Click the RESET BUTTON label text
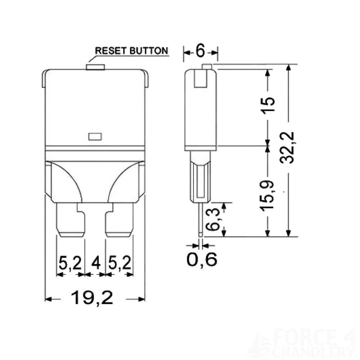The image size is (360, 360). [131, 51]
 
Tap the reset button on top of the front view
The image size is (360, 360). [95, 67]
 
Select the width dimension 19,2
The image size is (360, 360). [92, 298]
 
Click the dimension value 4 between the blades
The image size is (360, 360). [95, 264]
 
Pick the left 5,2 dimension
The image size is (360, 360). [70, 264]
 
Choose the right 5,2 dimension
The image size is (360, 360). [119, 264]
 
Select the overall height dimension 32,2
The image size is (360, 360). [288, 148]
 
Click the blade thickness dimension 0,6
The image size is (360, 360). [202, 259]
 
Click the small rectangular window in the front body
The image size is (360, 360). [95, 136]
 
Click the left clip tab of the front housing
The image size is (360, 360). [44, 78]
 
